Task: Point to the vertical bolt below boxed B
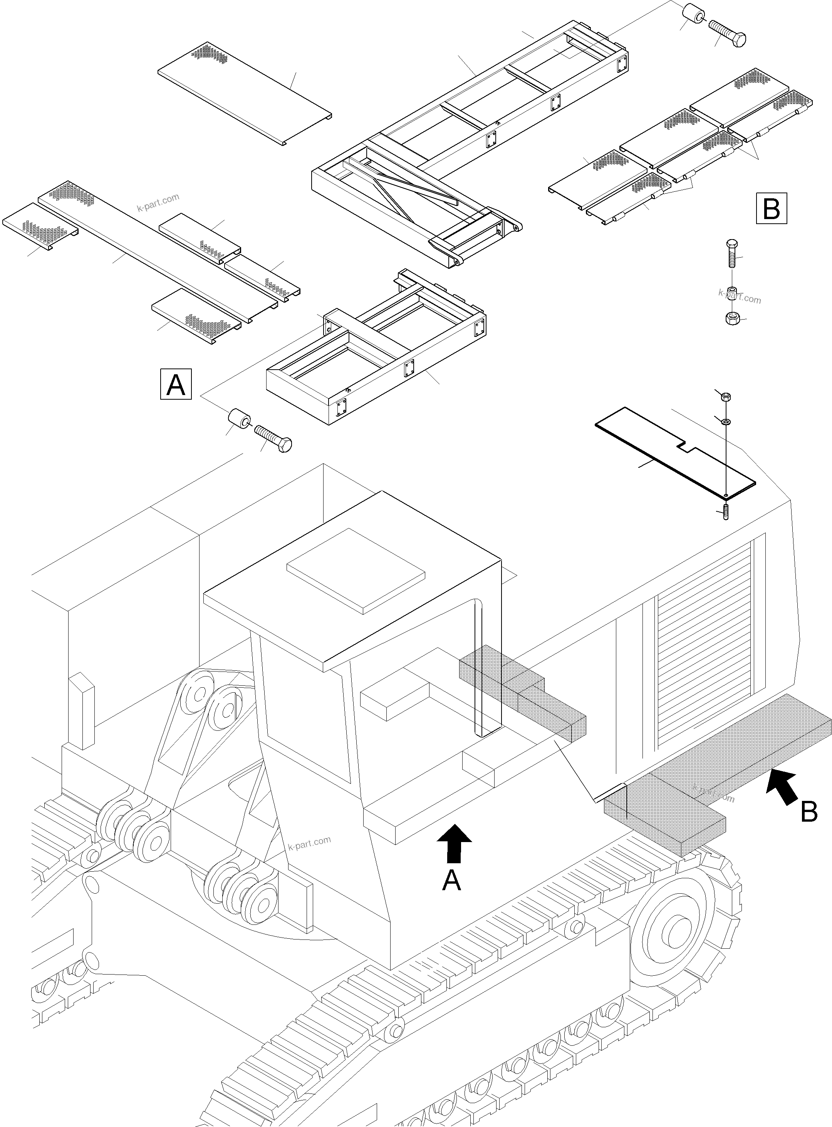731,255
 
